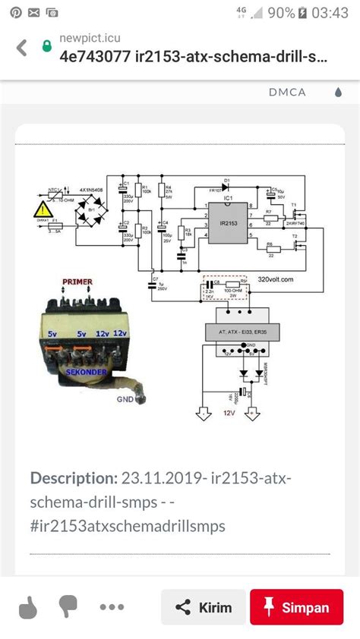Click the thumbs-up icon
[x=27, y=607]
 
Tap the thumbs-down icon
[x=69, y=607]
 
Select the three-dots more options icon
[x=112, y=607]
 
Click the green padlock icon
[x=48, y=46]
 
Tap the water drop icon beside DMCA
[x=339, y=93]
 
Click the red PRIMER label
[x=78, y=282]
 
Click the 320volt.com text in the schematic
[x=285, y=279]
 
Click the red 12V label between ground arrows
[x=229, y=414]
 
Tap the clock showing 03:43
[x=330, y=13]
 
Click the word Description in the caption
[x=72, y=478]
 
